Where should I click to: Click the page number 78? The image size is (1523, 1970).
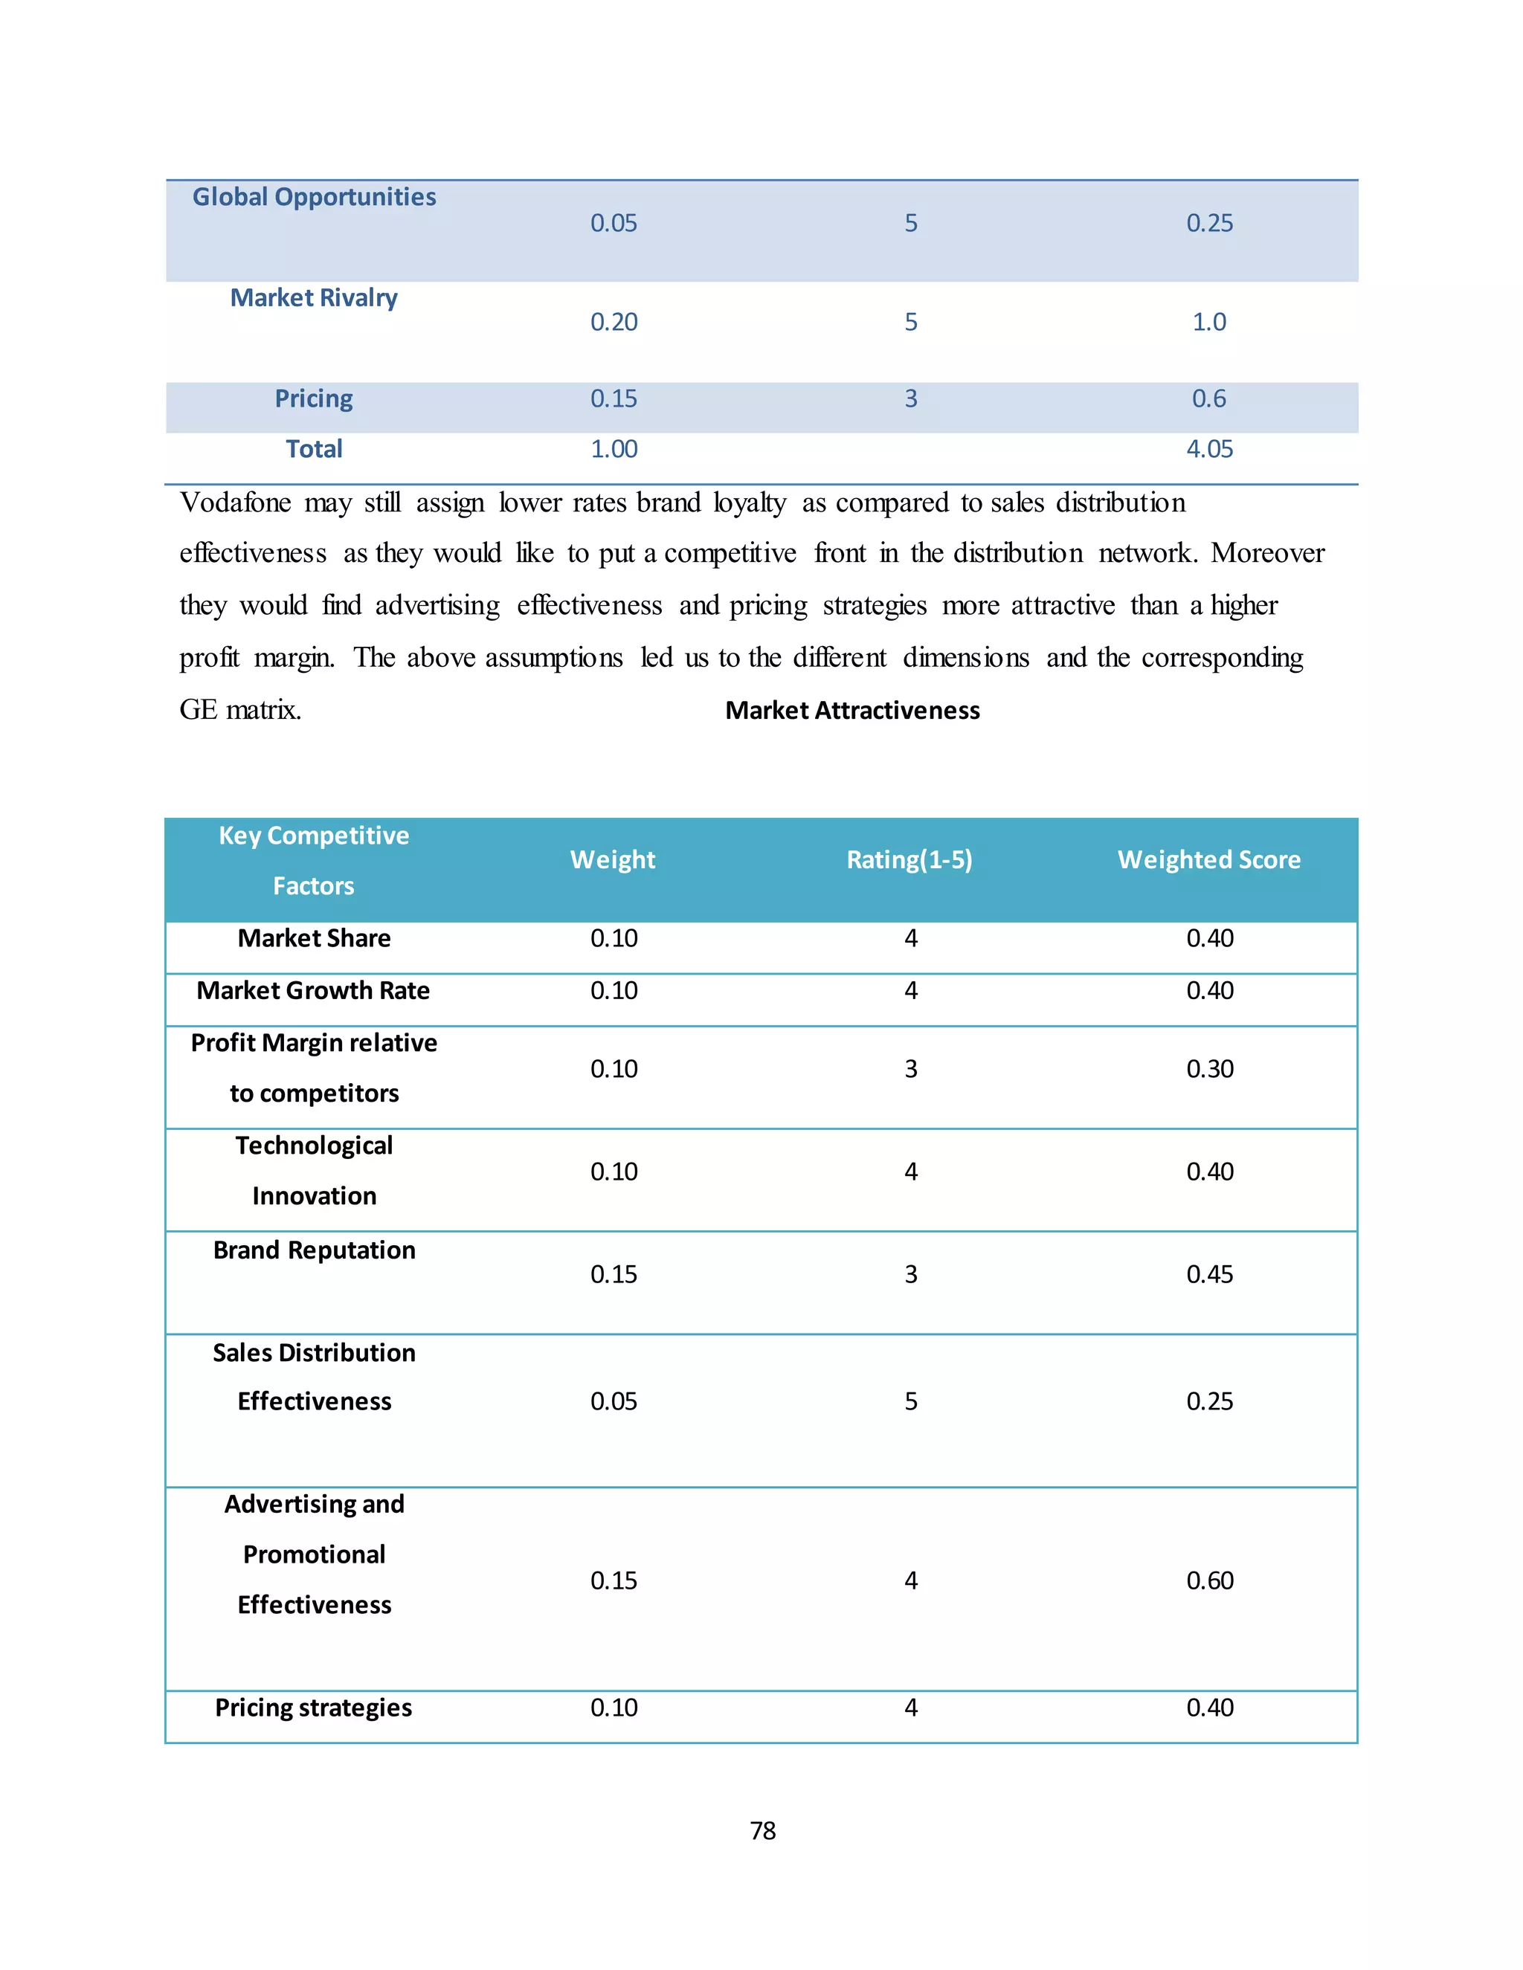pyautogui.click(x=762, y=1830)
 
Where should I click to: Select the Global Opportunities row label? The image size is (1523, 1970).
pyautogui.click(x=314, y=197)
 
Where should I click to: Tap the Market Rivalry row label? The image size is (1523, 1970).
pyautogui.click(x=314, y=297)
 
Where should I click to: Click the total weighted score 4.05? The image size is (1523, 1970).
pyautogui.click(x=1209, y=448)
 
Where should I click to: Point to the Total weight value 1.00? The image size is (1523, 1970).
pyautogui.click(x=614, y=448)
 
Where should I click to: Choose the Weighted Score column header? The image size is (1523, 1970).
pyautogui.click(x=1209, y=859)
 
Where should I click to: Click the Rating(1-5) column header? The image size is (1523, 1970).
pyautogui.click(x=909, y=859)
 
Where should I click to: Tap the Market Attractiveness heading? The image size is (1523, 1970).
pyautogui.click(x=851, y=711)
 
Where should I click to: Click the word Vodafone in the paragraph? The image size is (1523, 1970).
pyautogui.click(x=236, y=503)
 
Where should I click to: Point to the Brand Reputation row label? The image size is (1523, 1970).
pyautogui.click(x=314, y=1250)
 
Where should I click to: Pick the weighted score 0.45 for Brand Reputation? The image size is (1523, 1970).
pyautogui.click(x=1209, y=1273)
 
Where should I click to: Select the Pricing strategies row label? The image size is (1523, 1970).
pyautogui.click(x=313, y=1708)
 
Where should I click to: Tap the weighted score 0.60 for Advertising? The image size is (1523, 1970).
pyautogui.click(x=1209, y=1580)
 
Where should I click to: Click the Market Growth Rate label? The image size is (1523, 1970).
pyautogui.click(x=313, y=990)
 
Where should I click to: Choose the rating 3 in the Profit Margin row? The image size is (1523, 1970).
pyautogui.click(x=911, y=1069)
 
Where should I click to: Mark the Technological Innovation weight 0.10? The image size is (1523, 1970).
pyautogui.click(x=614, y=1172)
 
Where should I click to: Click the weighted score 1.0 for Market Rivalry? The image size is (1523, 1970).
pyautogui.click(x=1209, y=322)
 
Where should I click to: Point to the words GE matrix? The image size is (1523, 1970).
pyautogui.click(x=240, y=710)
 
